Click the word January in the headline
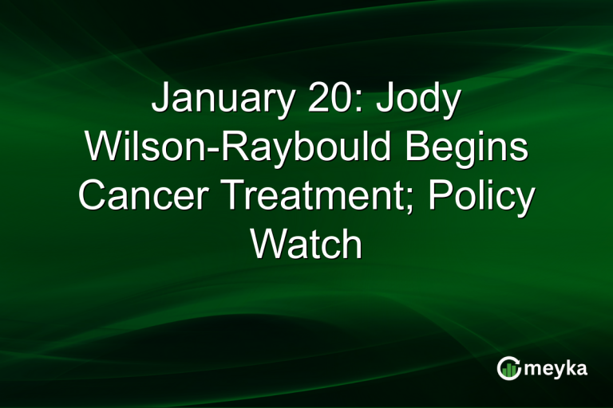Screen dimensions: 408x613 point(215,102)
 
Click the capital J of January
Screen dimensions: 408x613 point(160,102)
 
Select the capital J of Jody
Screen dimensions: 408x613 point(379,102)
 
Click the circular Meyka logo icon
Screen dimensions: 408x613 point(508,367)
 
